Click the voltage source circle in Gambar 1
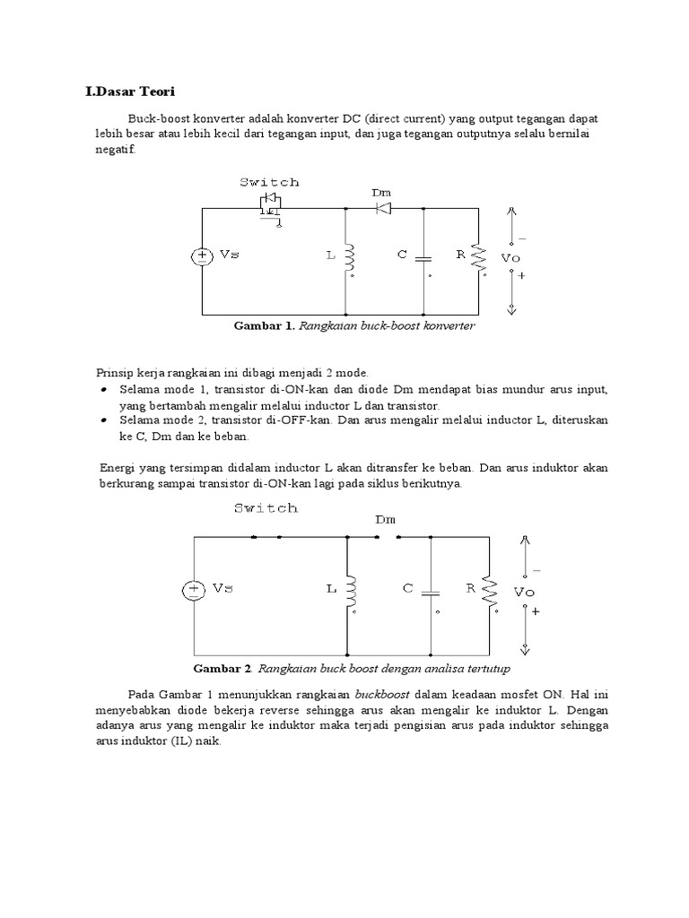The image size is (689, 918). pyautogui.click(x=202, y=256)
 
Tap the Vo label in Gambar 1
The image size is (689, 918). pyautogui.click(x=510, y=257)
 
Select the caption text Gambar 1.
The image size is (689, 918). pyautogui.click(x=263, y=326)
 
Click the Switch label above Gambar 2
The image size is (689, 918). pyautogui.click(x=266, y=508)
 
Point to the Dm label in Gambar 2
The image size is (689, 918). pyautogui.click(x=386, y=519)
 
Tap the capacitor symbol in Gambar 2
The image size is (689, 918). pyautogui.click(x=432, y=591)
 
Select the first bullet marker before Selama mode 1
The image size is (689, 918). pyautogui.click(x=104, y=391)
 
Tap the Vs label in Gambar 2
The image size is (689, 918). pyautogui.click(x=223, y=589)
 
